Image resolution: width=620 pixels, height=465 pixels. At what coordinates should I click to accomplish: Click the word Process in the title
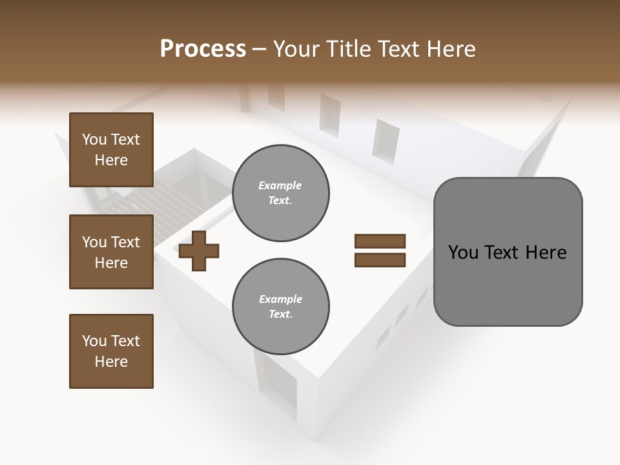(203, 49)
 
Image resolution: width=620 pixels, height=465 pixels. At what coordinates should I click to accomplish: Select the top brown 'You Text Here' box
(111, 150)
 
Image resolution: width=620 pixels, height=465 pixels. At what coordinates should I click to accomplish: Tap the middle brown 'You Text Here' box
(111, 252)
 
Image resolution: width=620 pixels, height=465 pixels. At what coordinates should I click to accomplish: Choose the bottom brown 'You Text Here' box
(111, 351)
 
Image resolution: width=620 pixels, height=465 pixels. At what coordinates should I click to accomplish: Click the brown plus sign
(199, 251)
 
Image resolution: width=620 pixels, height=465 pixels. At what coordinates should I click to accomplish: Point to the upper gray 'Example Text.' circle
(280, 193)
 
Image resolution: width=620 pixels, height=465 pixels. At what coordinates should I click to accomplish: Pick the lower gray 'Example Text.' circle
(280, 307)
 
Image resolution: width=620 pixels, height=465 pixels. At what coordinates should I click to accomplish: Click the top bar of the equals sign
(380, 242)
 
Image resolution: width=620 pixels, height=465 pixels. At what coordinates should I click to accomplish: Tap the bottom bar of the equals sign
(380, 260)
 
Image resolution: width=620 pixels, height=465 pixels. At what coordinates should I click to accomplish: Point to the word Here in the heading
(451, 49)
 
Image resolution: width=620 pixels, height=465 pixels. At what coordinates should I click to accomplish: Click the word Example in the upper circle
(280, 185)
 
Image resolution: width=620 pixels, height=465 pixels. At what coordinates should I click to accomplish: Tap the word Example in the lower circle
(280, 299)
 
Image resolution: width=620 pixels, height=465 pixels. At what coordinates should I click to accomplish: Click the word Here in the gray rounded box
(546, 253)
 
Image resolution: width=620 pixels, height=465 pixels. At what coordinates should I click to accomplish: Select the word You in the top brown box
(94, 139)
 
